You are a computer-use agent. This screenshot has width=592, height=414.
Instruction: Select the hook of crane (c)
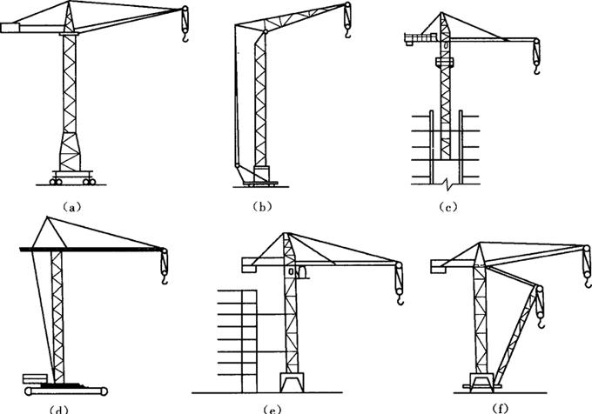click(x=536, y=70)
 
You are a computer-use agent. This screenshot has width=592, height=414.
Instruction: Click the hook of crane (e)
click(x=400, y=300)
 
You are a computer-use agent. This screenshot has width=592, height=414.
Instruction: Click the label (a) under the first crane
click(x=71, y=207)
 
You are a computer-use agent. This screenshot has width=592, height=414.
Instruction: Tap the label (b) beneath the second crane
click(x=262, y=207)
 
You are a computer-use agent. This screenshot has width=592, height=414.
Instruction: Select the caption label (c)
click(x=448, y=207)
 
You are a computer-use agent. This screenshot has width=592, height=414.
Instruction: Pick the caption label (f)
click(x=501, y=408)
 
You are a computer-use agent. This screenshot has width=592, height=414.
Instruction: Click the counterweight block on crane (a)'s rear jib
click(x=10, y=28)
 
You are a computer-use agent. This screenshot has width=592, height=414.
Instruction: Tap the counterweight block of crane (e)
click(x=249, y=264)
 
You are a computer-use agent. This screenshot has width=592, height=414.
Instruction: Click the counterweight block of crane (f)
click(x=438, y=265)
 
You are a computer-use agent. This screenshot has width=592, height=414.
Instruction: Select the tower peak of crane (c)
click(x=442, y=14)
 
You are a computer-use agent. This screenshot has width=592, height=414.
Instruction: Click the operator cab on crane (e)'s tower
click(x=302, y=272)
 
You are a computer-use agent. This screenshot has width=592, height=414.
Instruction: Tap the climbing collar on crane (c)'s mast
click(x=444, y=62)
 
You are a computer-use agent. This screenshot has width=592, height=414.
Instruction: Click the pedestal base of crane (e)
click(x=292, y=383)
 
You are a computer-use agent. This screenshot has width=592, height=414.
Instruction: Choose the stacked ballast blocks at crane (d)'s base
click(x=35, y=378)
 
